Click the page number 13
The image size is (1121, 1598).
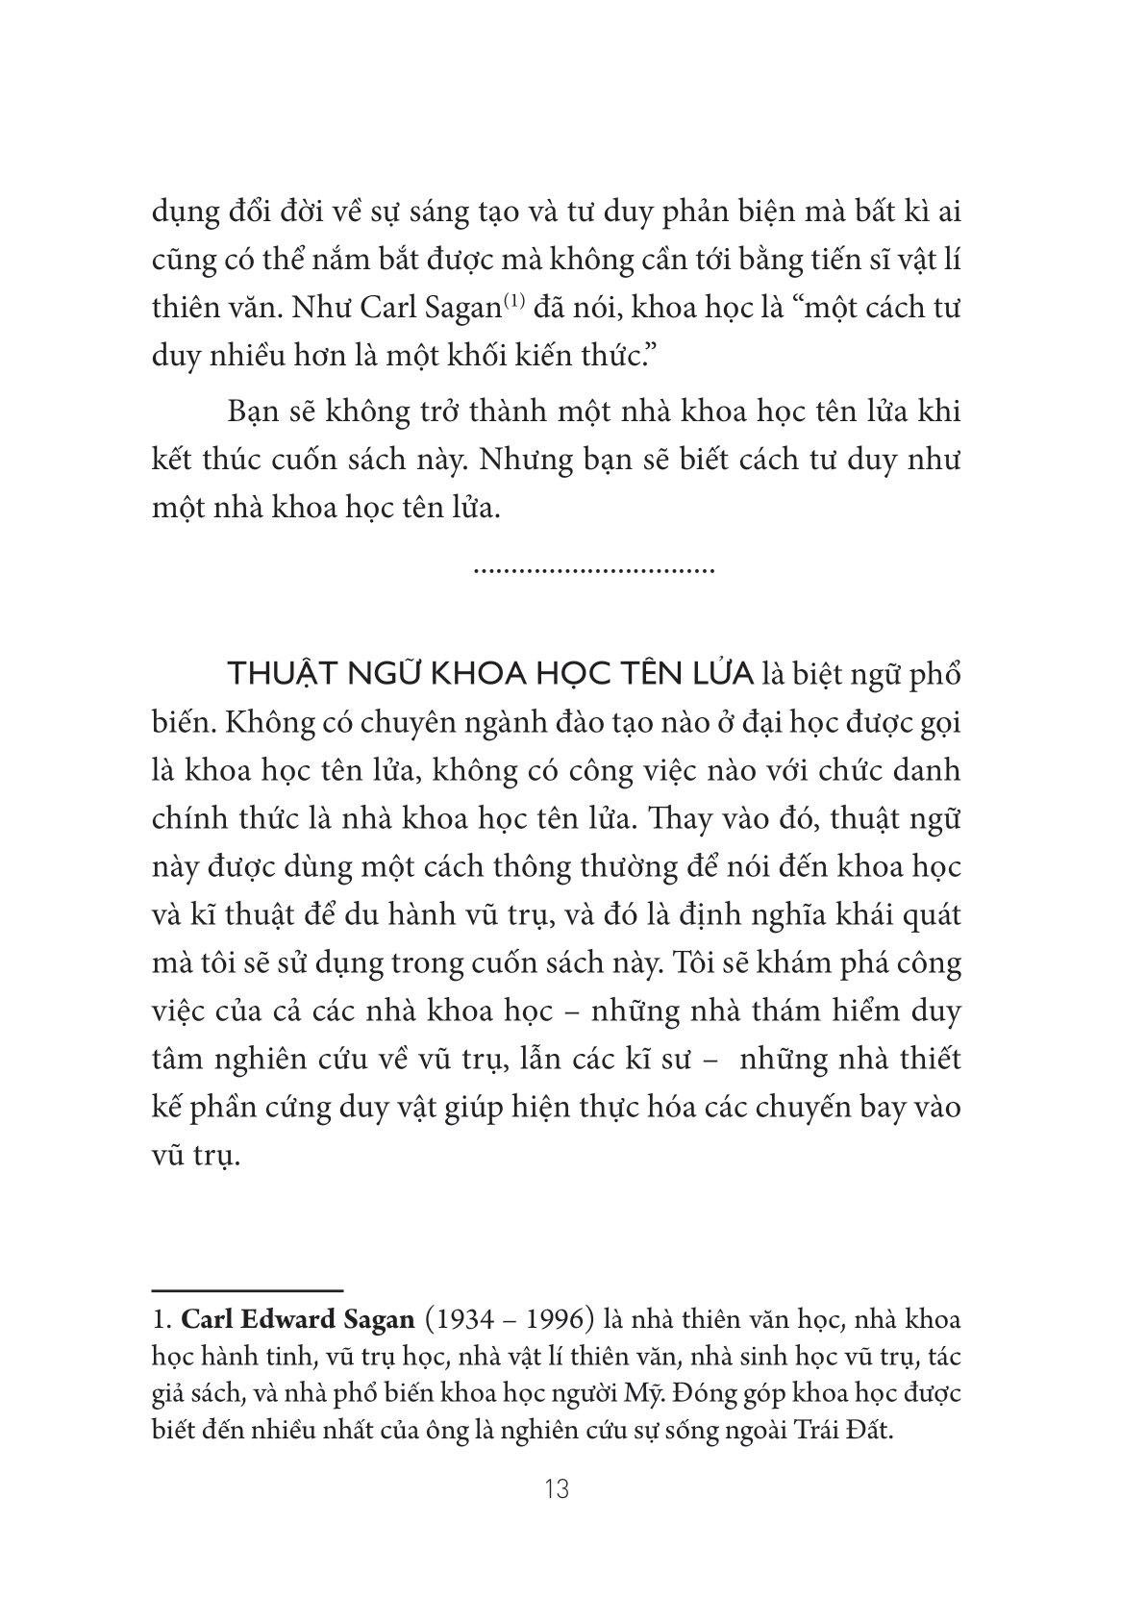(x=557, y=1490)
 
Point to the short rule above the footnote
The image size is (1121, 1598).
(x=248, y=1288)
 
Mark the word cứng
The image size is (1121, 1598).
(x=307, y=1108)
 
